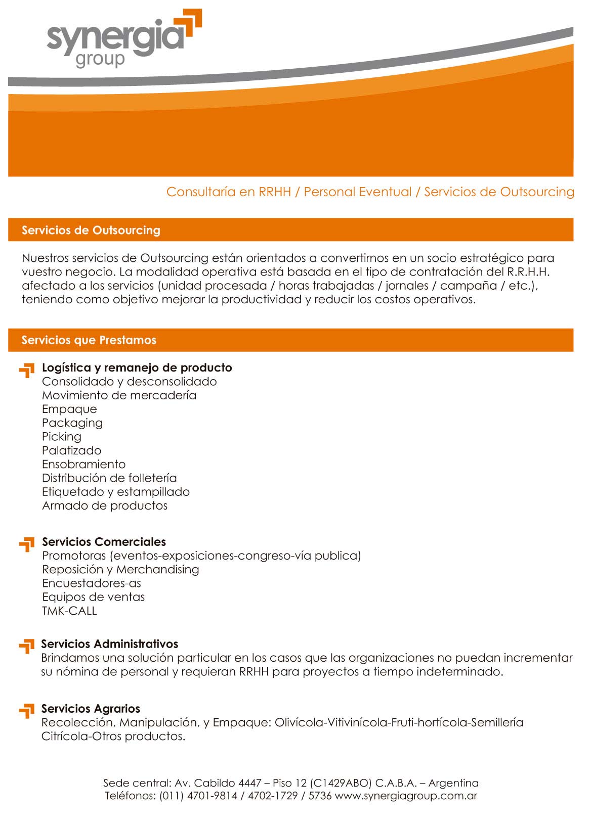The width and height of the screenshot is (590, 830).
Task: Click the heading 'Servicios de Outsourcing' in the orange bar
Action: pyautogui.click(x=91, y=230)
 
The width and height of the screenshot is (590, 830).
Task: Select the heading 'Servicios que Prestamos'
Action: pyautogui.click(x=89, y=340)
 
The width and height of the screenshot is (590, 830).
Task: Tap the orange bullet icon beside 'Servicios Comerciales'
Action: pyautogui.click(x=27, y=545)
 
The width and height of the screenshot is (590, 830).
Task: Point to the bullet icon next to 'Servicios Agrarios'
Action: pyautogui.click(x=27, y=711)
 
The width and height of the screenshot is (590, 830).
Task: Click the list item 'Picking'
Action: pyautogui.click(x=62, y=437)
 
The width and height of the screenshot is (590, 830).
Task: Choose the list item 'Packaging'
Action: pyautogui.click(x=72, y=423)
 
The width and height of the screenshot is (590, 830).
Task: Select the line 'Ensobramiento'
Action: pyautogui.click(x=84, y=464)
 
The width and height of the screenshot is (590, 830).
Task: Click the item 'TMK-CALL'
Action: pyautogui.click(x=69, y=611)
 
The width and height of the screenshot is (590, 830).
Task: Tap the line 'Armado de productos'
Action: pyautogui.click(x=105, y=505)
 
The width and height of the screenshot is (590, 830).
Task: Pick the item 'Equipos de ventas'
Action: pyautogui.click(x=94, y=597)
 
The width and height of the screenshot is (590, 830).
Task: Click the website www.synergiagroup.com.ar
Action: pyautogui.click(x=406, y=796)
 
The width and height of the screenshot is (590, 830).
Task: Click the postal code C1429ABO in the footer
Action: pyautogui.click(x=341, y=783)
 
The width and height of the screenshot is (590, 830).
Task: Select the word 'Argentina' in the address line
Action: pyautogui.click(x=453, y=783)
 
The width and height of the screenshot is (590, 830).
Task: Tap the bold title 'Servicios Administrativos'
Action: pyautogui.click(x=110, y=644)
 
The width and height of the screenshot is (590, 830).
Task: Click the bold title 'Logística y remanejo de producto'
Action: pyautogui.click(x=137, y=367)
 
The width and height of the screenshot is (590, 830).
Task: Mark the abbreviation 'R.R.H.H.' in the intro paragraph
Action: pyautogui.click(x=528, y=272)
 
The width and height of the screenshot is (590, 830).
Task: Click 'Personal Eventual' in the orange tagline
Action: pyautogui.click(x=358, y=192)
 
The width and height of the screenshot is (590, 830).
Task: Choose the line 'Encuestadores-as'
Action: pyautogui.click(x=92, y=583)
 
